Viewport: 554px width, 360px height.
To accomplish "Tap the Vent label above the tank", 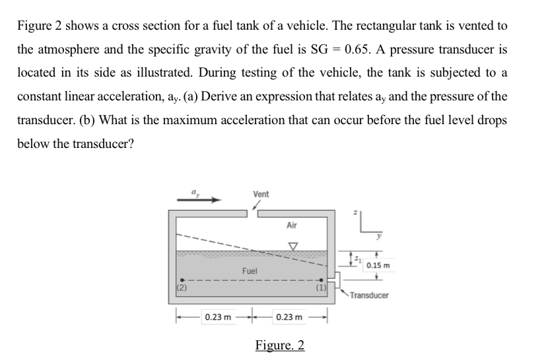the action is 260,194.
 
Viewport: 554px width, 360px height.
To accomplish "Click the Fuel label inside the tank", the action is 250,271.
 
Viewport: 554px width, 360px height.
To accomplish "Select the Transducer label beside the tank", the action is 370,295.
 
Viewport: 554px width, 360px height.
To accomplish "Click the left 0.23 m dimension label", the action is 218,318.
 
